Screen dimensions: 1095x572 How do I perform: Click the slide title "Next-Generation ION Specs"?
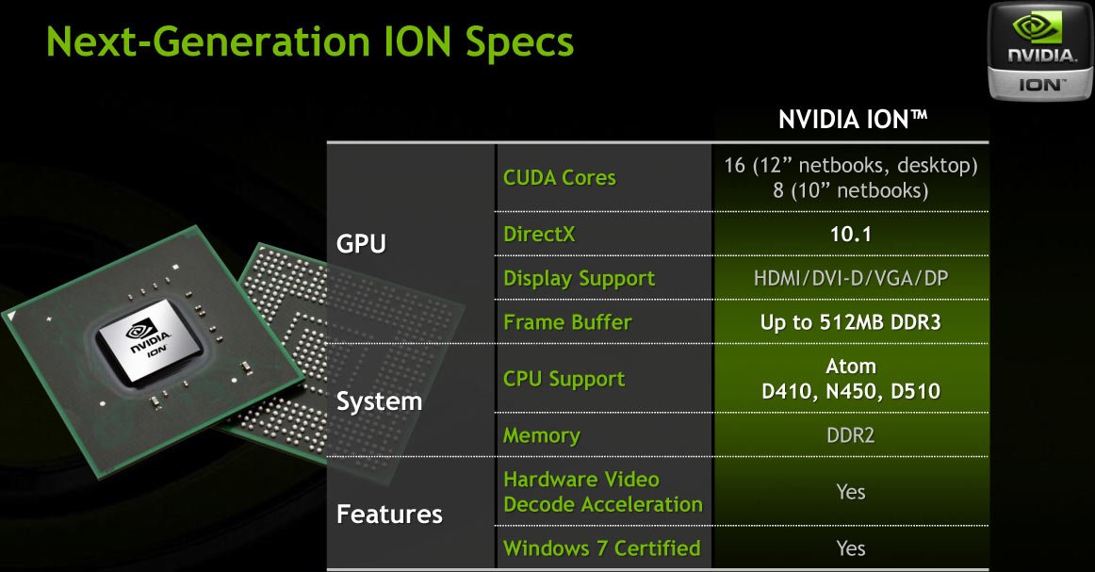309,41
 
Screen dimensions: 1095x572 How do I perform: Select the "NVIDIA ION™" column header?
853,120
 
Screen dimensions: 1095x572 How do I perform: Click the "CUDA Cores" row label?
560,177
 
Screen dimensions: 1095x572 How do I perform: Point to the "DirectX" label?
539,234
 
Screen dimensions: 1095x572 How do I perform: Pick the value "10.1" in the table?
851,234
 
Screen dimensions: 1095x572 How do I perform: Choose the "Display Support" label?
579,279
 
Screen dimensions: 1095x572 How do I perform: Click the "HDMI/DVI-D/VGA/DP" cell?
851,279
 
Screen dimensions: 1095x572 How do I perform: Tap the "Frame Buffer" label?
567,322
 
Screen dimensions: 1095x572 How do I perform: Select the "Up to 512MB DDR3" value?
851,322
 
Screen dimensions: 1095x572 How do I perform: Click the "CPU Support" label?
564,379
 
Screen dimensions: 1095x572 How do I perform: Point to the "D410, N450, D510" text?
851,391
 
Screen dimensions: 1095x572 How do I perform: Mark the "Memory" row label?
541,435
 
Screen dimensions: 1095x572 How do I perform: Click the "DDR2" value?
851,435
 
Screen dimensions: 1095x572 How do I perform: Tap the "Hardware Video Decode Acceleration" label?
603,492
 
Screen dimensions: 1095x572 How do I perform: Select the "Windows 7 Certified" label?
601,548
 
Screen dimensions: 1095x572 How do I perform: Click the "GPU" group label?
361,244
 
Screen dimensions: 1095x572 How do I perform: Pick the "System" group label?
379,401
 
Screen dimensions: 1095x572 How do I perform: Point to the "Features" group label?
389,515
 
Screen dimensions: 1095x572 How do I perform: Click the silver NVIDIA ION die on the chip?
149,340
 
